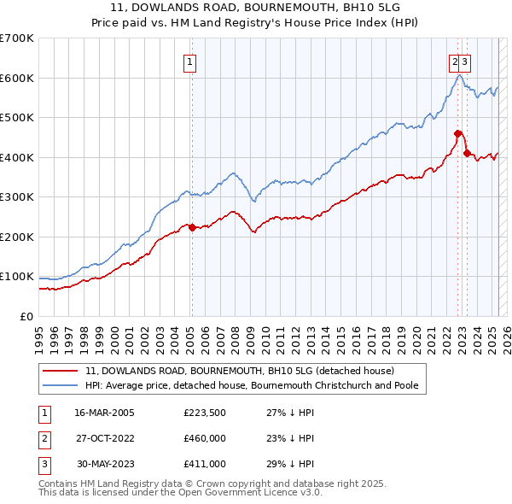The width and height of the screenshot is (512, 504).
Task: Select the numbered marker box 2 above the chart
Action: click(x=456, y=62)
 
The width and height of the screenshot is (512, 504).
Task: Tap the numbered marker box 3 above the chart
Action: click(x=467, y=62)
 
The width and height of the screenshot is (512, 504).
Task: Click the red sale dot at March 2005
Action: click(x=192, y=227)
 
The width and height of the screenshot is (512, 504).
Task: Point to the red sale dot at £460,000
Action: click(x=458, y=133)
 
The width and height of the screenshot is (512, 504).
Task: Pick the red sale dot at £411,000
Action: click(x=467, y=153)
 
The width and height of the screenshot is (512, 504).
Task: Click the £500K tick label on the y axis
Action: click(x=17, y=118)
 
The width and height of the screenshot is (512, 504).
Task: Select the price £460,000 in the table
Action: click(x=205, y=438)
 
